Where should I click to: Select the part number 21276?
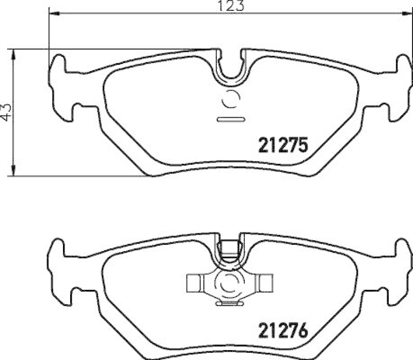coord(282,329)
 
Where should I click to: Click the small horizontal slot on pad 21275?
coord(230,120)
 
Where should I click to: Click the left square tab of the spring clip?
coord(194,282)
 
